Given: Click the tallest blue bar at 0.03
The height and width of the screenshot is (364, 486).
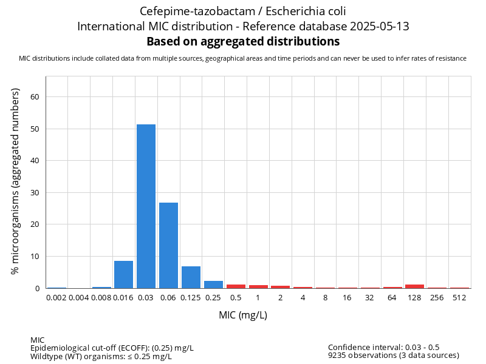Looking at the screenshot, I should (x=146, y=206).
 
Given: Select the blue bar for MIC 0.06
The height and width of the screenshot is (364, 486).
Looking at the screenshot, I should (x=168, y=246).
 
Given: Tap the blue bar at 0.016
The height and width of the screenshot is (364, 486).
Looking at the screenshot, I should (x=123, y=275).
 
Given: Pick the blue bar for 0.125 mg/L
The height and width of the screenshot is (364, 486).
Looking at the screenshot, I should (x=191, y=277).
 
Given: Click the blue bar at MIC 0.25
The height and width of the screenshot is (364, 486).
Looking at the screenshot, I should (x=213, y=285).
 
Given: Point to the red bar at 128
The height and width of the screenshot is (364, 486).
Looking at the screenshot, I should (x=414, y=286).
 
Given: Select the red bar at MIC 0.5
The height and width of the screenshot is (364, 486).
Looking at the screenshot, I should (x=236, y=286).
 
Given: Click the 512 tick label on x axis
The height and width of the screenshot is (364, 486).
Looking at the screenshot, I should (x=459, y=298).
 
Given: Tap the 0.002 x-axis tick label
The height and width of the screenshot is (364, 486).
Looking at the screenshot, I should (x=56, y=298).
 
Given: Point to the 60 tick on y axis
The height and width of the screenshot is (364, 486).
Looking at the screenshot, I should (x=35, y=97).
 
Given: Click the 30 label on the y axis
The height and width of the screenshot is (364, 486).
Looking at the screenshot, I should (x=35, y=193).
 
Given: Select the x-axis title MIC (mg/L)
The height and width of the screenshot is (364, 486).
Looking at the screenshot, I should (x=243, y=315).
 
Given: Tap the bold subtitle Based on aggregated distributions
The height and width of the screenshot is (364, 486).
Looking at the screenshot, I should (x=243, y=42).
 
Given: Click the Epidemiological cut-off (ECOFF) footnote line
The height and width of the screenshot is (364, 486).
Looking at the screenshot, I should (x=112, y=348).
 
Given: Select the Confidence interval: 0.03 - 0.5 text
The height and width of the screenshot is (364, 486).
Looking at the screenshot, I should (x=383, y=348).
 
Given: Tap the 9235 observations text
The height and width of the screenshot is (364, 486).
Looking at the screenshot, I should (x=393, y=356).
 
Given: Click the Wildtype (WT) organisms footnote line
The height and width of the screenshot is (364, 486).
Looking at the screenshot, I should (x=101, y=356).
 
